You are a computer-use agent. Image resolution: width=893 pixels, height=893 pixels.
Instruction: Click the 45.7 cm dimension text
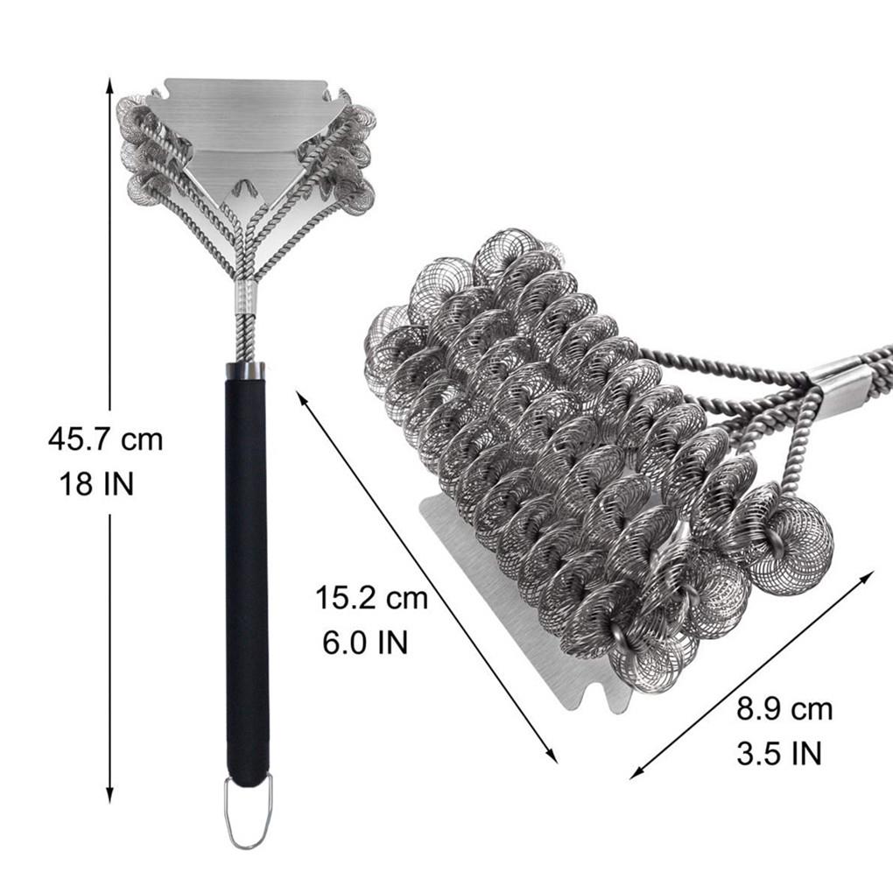[x=105, y=439]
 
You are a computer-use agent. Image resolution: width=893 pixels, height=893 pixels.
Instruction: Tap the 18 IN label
[x=96, y=484]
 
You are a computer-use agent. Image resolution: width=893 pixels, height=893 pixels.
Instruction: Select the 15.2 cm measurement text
[x=371, y=598]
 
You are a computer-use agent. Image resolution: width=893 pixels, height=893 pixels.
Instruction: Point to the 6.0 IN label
[x=365, y=643]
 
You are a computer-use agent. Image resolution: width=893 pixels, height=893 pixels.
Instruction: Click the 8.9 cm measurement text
[x=784, y=710]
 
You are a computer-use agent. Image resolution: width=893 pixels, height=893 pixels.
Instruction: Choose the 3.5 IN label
[x=779, y=754]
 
